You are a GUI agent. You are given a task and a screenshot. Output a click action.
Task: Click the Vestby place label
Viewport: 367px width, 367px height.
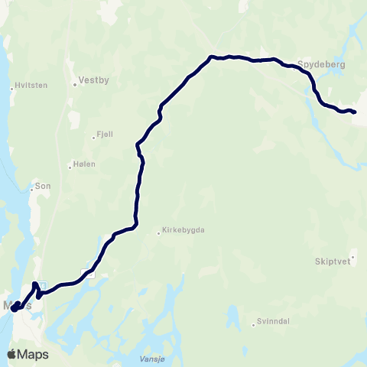pos(95,79)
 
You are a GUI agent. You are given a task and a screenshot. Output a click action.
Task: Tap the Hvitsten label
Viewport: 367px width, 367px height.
pos(31,85)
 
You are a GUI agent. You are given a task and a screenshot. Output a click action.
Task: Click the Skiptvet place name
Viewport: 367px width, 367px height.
pos(330,260)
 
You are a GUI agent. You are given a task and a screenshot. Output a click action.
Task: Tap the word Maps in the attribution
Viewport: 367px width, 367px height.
pos(34,354)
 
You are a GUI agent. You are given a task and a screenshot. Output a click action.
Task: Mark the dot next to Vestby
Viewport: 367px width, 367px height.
pos(75,84)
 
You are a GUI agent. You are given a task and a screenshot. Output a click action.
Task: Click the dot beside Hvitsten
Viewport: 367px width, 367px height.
pos(11,89)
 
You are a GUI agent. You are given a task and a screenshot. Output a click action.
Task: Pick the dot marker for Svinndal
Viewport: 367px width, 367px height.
pos(254,326)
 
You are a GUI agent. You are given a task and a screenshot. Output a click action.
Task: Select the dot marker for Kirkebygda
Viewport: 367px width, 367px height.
pos(159,232)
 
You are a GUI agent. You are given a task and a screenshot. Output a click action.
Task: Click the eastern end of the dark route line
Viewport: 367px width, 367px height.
pos(355,112)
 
